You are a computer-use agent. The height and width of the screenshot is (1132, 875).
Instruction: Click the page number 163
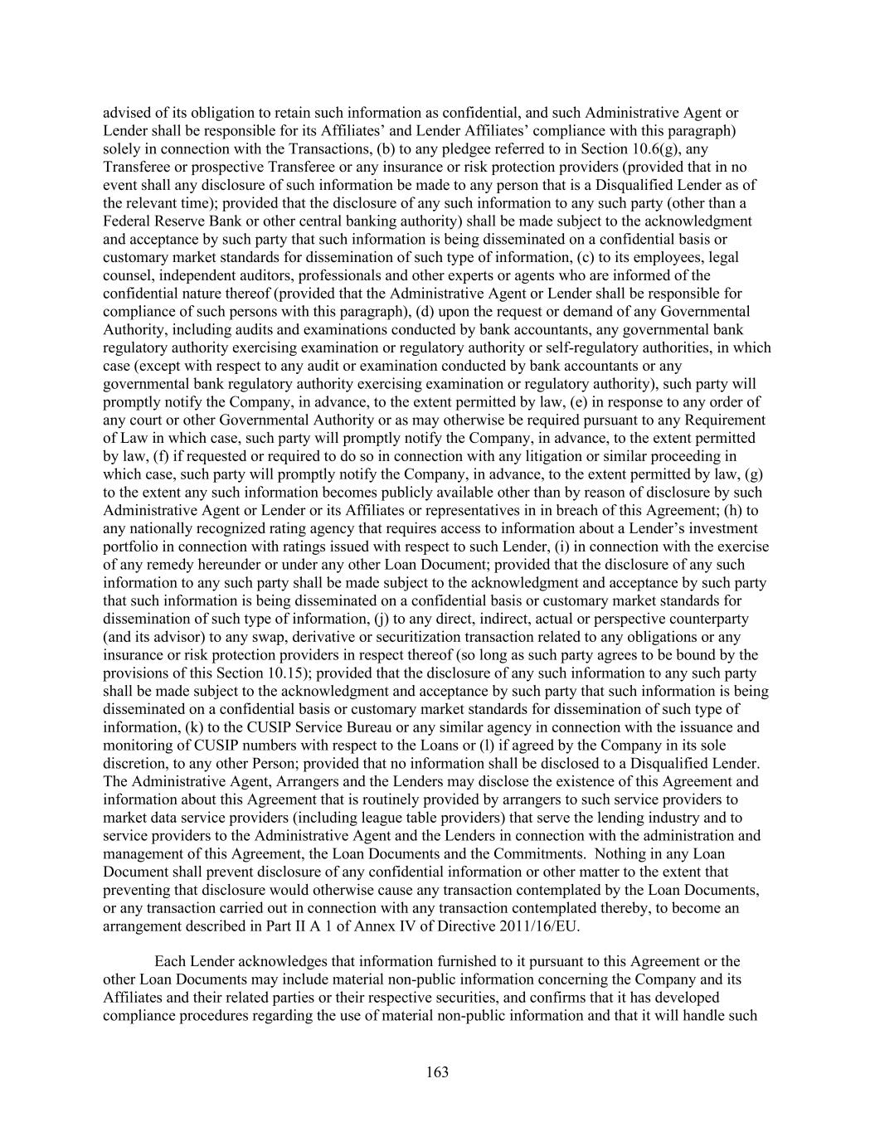(437, 1072)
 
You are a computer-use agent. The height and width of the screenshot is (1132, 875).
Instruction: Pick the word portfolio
(128, 547)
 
